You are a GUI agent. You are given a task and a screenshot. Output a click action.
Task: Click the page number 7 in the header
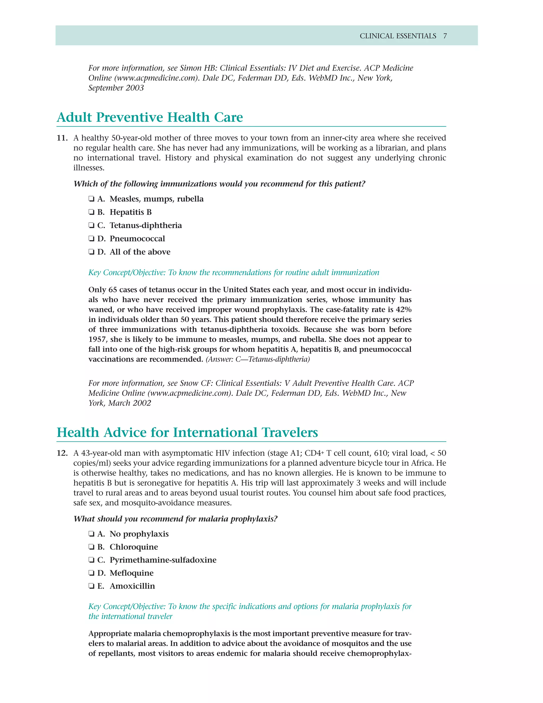pyautogui.click(x=445, y=36)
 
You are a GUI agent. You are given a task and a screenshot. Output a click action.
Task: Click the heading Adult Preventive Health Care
pyautogui.click(x=150, y=117)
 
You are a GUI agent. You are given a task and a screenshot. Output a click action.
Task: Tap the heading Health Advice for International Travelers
pyautogui.click(x=187, y=432)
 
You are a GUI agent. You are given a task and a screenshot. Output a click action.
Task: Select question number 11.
pyautogui.click(x=62, y=138)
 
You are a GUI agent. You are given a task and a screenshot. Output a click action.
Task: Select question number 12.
pyautogui.click(x=62, y=453)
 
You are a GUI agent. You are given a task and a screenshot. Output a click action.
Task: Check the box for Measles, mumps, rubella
pyautogui.click(x=91, y=199)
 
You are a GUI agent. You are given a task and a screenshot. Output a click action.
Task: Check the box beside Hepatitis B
pyautogui.click(x=91, y=212)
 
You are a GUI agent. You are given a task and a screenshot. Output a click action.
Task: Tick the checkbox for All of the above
pyautogui.click(x=91, y=252)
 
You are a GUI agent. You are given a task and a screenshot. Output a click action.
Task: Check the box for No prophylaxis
pyautogui.click(x=91, y=534)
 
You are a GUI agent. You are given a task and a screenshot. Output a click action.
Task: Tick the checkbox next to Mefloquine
pyautogui.click(x=91, y=573)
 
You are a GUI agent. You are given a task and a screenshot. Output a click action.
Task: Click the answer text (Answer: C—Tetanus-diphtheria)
pyautogui.click(x=258, y=359)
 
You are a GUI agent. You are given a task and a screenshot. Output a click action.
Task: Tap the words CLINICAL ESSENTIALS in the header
pyautogui.click(x=398, y=36)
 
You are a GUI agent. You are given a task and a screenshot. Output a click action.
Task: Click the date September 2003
pyautogui.click(x=116, y=88)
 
